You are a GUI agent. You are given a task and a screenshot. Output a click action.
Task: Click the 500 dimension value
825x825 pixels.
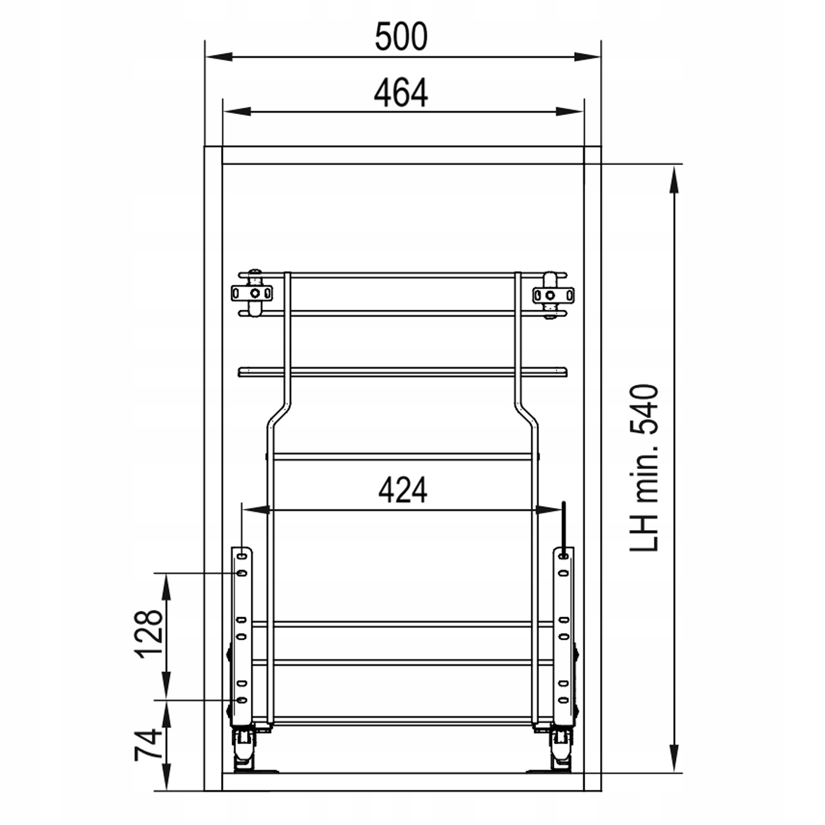coord(401,37)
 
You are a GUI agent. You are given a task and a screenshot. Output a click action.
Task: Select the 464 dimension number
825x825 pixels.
coord(401,94)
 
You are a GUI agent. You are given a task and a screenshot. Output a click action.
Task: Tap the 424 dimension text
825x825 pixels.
coord(403,490)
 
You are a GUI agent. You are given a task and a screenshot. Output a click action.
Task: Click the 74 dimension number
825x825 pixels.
coord(149,745)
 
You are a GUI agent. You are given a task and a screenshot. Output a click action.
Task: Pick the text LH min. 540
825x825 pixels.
coord(644,468)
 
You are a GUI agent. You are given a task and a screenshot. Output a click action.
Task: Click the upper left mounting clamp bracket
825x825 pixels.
coord(252,293)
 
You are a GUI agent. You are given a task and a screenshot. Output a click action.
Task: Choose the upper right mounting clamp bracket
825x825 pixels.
coord(552,295)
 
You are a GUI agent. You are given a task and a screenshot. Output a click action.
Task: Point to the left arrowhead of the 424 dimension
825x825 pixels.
coord(256,510)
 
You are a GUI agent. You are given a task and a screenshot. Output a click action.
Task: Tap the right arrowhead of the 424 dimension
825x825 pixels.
coord(549,510)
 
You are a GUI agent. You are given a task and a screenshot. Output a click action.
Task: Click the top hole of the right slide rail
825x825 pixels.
coord(563,557)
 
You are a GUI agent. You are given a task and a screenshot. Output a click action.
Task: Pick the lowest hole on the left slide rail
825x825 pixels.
coord(241,700)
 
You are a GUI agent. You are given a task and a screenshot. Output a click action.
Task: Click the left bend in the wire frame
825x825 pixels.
coord(278,414)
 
